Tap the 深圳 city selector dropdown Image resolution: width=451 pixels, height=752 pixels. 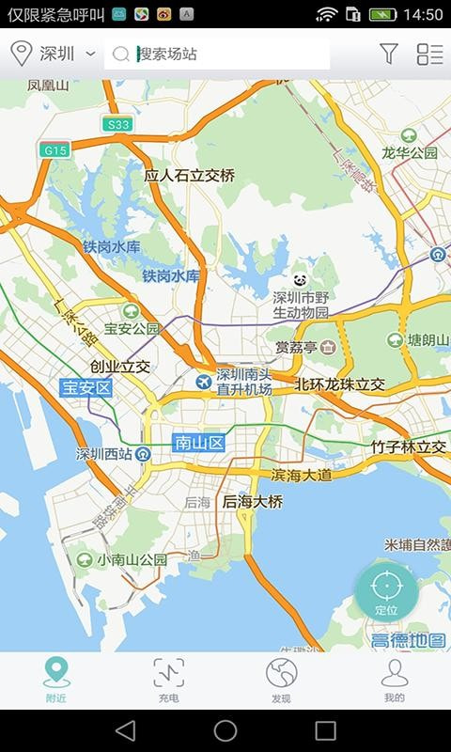(54, 55)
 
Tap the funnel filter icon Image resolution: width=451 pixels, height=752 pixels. (389, 55)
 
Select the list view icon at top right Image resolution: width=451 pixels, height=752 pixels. (429, 55)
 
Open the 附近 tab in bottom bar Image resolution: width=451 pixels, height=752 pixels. (56, 680)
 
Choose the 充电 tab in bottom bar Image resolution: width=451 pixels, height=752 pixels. (169, 680)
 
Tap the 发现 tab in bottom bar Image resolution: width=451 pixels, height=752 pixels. (281, 680)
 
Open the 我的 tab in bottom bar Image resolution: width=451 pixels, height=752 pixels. (394, 680)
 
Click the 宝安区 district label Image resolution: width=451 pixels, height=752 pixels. (86, 387)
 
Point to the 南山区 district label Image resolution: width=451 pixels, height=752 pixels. (199, 441)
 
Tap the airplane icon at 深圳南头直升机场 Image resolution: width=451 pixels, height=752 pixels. (204, 381)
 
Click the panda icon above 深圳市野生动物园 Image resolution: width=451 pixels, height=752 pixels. (301, 279)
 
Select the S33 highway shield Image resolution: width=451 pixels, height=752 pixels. (118, 124)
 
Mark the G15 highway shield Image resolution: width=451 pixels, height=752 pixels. (54, 149)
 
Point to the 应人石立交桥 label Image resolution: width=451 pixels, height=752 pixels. (189, 176)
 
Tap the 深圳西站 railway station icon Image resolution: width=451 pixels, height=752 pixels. (143, 454)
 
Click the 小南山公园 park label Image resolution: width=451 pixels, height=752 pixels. (132, 559)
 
